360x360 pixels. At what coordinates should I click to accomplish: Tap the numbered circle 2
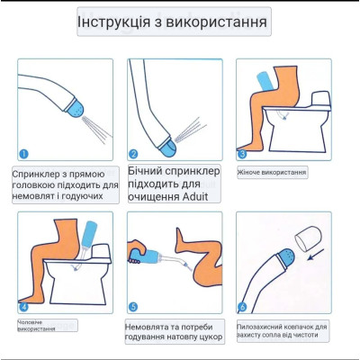(x=133, y=154)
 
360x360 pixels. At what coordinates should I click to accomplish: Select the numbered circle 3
(x=242, y=155)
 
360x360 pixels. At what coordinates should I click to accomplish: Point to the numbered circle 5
(x=133, y=307)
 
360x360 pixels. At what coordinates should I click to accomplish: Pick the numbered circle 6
(x=242, y=307)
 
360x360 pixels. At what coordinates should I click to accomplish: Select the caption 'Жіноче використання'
(x=272, y=172)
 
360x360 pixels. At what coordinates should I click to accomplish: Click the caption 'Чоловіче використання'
(x=40, y=325)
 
